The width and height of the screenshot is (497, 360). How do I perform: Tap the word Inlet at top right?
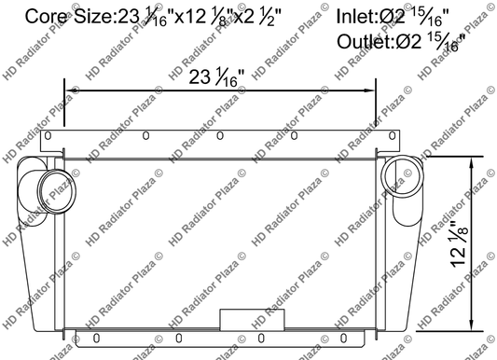(359, 15)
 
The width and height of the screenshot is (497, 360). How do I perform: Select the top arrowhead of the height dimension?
(482, 161)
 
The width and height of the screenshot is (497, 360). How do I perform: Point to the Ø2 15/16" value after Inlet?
(414, 15)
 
